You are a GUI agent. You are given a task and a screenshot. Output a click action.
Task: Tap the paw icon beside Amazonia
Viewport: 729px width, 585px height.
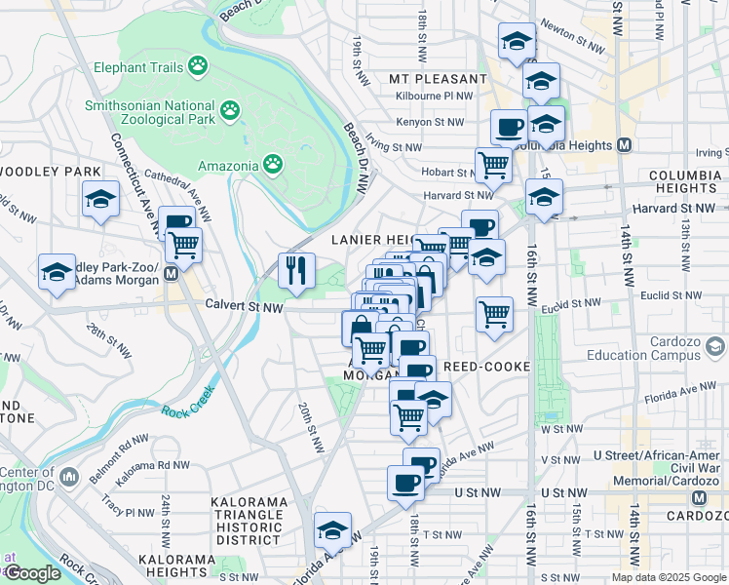(275, 164)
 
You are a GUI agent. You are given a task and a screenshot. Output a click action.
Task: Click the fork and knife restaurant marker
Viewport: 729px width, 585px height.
(296, 269)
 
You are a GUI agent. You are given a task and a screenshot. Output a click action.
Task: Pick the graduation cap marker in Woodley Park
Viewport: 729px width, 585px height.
(99, 200)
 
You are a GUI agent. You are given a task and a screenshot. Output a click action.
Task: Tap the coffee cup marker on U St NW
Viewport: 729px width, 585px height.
(406, 482)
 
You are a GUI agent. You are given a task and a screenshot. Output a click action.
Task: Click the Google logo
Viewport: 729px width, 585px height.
(32, 572)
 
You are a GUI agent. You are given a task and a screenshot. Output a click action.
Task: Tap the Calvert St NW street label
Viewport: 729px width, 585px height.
(244, 306)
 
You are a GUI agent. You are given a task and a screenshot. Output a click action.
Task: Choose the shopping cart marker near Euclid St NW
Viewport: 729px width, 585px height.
(495, 314)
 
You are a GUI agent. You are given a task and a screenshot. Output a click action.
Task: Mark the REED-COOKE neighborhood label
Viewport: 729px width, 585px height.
(485, 367)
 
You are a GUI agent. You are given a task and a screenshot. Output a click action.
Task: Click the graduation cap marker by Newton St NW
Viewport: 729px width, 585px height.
(517, 41)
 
